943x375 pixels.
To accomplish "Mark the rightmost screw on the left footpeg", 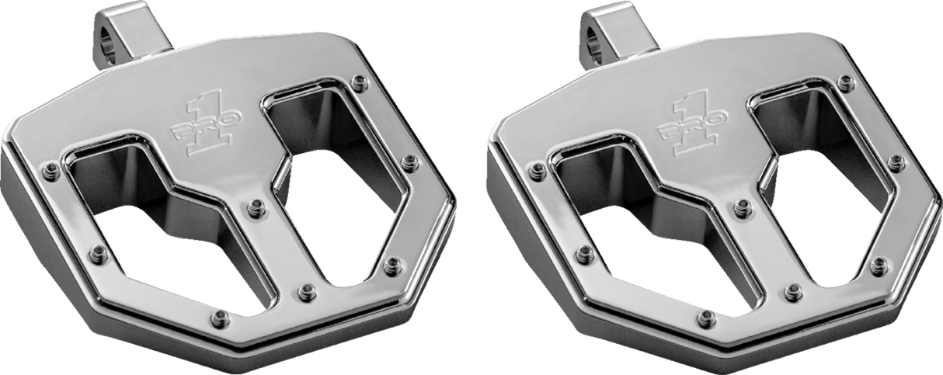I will [x=411, y=161].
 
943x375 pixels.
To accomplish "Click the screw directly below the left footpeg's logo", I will [x=254, y=207].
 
